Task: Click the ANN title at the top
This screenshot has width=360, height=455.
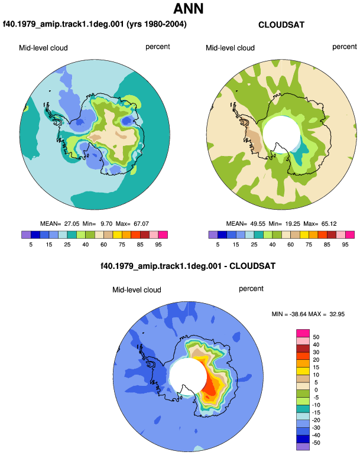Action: pos(188,9)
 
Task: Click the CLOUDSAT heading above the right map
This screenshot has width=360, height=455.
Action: pos(281,25)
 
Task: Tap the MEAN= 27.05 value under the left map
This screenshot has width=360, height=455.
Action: pos(60,224)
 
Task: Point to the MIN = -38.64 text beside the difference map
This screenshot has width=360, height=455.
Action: pos(289,314)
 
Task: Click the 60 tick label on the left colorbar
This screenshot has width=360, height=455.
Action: pos(103,244)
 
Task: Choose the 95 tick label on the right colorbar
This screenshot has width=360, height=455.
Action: pos(345,244)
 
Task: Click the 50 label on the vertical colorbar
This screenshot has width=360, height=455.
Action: pos(316,337)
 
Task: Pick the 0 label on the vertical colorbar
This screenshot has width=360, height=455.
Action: pos(316,390)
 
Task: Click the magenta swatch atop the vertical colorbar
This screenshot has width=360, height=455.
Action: pos(303,333)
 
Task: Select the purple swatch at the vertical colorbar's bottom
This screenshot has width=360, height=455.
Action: pos(303,446)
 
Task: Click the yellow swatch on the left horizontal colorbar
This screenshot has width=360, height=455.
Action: pos(117,235)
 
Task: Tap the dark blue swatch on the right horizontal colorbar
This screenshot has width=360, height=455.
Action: pos(222,235)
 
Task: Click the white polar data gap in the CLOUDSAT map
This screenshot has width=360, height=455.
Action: pos(281,132)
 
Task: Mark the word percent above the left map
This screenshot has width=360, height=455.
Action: pos(158,47)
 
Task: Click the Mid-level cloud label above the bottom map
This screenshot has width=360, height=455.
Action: pos(137,290)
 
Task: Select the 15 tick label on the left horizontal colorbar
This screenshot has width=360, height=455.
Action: pos(49,244)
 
